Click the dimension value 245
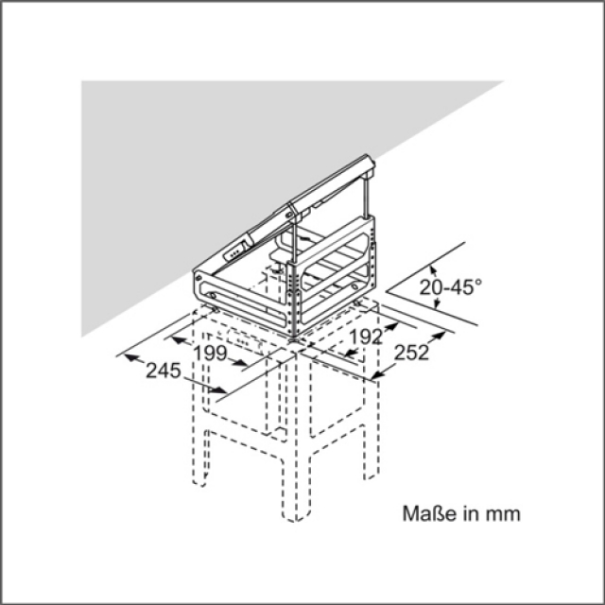(164, 372)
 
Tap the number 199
(210, 353)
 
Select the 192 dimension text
(366, 337)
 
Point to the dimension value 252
(412, 353)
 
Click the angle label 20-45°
(451, 287)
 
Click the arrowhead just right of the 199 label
(239, 362)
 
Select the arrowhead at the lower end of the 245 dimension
(218, 389)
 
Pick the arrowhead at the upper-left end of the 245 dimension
(131, 357)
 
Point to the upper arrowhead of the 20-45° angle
(433, 268)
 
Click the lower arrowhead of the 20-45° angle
(437, 303)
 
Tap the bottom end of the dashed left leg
(199, 482)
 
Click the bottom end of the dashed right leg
(372, 476)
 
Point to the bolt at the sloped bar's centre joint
(290, 212)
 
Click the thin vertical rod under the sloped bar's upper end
(367, 196)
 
